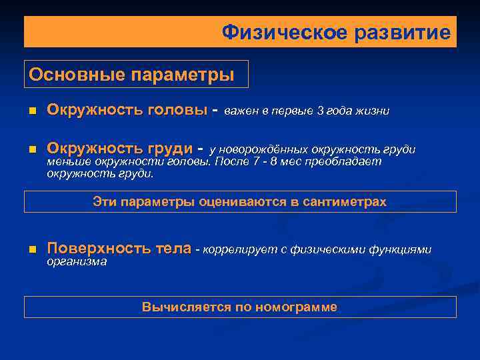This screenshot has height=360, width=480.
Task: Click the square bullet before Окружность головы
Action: [x=31, y=111]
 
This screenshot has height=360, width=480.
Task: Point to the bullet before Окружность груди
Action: [x=31, y=149]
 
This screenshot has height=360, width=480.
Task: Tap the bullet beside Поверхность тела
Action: [x=31, y=250]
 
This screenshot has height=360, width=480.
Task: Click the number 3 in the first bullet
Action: [x=319, y=111]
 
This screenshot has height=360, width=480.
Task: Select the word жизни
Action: [x=372, y=111]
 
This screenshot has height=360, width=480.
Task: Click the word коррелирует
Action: [x=236, y=250]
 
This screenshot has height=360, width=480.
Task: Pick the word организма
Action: [x=77, y=262]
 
